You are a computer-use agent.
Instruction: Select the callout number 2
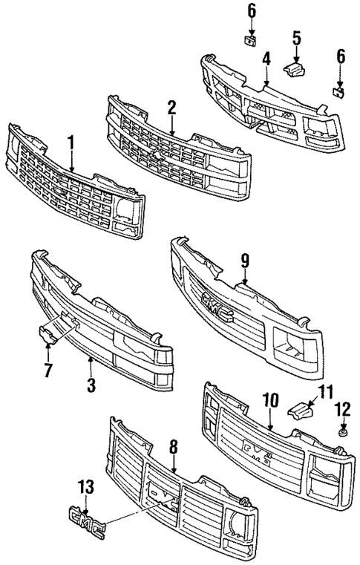171,107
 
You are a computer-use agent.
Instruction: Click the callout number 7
50,368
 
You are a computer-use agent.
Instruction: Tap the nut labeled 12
341,432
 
